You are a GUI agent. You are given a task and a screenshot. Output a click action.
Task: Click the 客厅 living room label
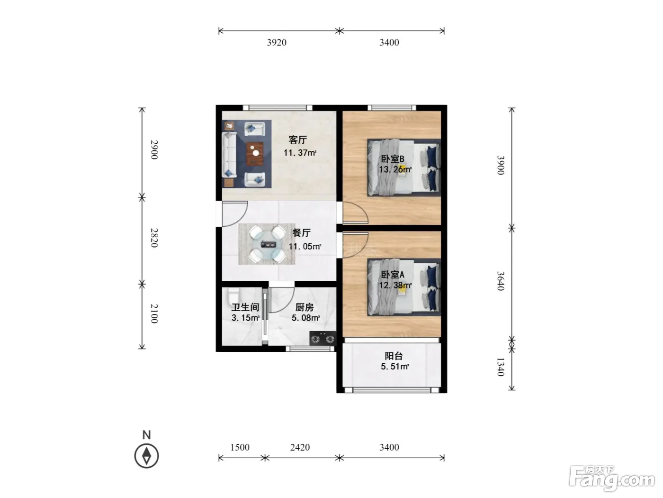(297, 140)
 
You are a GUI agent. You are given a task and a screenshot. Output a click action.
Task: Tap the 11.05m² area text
(305, 247)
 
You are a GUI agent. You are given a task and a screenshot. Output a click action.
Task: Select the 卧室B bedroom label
(393, 159)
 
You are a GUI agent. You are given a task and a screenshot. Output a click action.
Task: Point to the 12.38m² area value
(395, 285)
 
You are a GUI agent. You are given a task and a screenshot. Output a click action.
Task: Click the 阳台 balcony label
(394, 356)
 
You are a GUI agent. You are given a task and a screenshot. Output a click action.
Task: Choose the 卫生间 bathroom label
(245, 307)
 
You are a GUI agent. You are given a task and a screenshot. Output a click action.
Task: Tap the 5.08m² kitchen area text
(305, 318)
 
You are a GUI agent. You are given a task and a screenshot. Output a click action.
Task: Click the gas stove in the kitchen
(323, 338)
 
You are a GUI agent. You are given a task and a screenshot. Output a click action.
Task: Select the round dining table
(267, 244)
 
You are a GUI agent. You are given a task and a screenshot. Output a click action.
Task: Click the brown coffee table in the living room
(255, 154)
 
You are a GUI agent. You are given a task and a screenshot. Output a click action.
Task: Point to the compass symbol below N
(146, 456)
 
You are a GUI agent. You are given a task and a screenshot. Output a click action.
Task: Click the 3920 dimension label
(277, 42)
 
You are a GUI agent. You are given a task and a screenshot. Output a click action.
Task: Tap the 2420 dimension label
(300, 447)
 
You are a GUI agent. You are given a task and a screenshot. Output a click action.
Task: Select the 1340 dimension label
(501, 367)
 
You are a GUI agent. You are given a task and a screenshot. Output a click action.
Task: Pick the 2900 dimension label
(154, 150)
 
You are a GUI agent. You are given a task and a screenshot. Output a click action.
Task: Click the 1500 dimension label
(240, 447)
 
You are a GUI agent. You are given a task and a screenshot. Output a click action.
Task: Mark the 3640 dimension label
(501, 281)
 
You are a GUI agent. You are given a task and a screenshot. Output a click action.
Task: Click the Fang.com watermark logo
(612, 478)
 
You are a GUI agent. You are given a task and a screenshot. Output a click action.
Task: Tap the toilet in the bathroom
(233, 295)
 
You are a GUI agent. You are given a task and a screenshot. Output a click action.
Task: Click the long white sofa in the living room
(229, 155)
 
